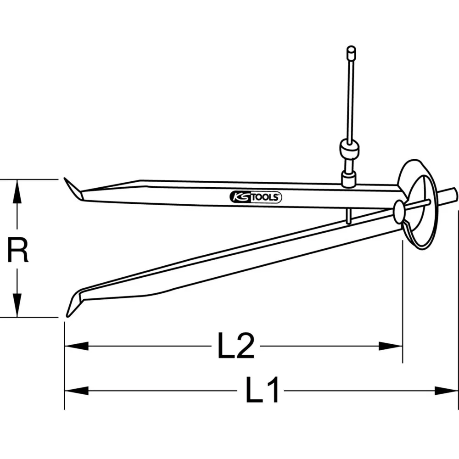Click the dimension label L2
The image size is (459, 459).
[x=235, y=347]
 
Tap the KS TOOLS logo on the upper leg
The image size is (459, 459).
[x=255, y=197]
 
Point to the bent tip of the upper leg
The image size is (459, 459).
[x=73, y=189]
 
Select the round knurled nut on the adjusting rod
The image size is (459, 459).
[x=349, y=149]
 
